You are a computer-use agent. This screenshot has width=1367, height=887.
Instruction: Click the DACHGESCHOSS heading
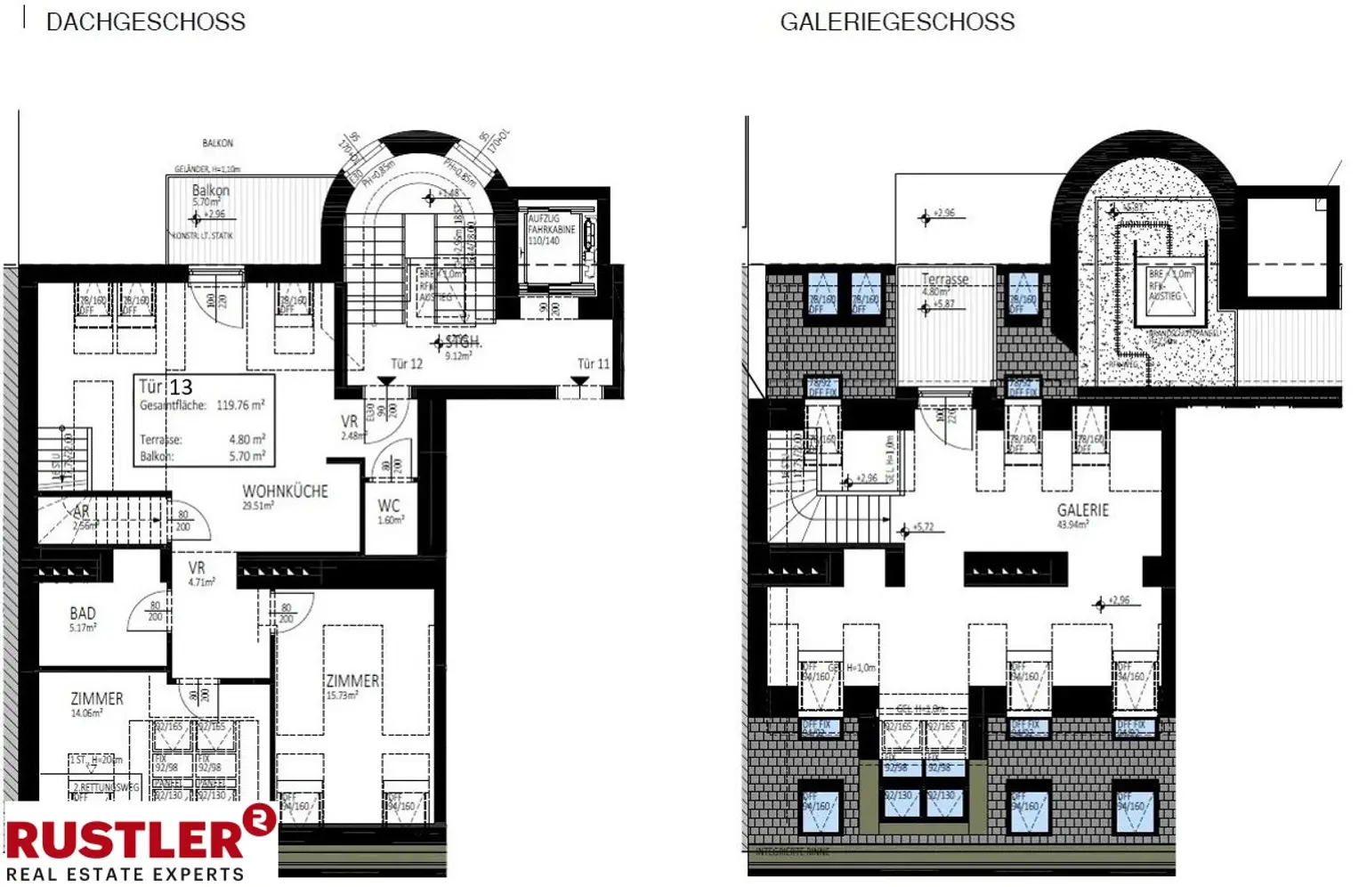pos(145,22)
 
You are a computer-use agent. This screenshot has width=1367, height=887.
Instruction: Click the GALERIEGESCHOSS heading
pos(897,22)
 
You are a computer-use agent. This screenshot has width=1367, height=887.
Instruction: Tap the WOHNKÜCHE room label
pos(285,492)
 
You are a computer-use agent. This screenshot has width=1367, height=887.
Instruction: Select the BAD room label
pos(83,614)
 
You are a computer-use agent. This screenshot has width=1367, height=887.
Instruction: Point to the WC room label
pos(389,506)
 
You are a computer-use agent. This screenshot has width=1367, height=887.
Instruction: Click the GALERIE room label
pos(1082,510)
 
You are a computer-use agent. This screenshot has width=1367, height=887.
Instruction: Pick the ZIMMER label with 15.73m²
pos(352,681)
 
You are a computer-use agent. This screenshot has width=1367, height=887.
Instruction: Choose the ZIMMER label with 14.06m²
pos(97,699)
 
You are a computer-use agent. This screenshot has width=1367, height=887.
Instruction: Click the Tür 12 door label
pos(407,363)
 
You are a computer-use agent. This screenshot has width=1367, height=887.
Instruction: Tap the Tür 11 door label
pos(593,363)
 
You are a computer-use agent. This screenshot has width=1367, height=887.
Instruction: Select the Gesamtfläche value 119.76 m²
pos(240,405)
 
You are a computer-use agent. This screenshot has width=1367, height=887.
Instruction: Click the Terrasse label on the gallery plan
pos(944,280)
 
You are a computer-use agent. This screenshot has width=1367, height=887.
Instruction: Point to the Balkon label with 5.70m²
pos(210,191)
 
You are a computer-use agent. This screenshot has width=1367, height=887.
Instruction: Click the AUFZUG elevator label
pos(544,218)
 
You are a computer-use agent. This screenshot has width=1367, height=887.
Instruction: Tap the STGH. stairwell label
pos(462,342)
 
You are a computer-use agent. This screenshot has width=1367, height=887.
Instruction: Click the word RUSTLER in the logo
pos(125,840)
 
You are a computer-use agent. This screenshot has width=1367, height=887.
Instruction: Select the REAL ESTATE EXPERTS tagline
pos(125,875)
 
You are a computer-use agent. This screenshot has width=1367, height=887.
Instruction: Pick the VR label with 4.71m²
pos(197,568)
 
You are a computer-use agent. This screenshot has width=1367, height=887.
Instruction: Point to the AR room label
pos(81,512)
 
